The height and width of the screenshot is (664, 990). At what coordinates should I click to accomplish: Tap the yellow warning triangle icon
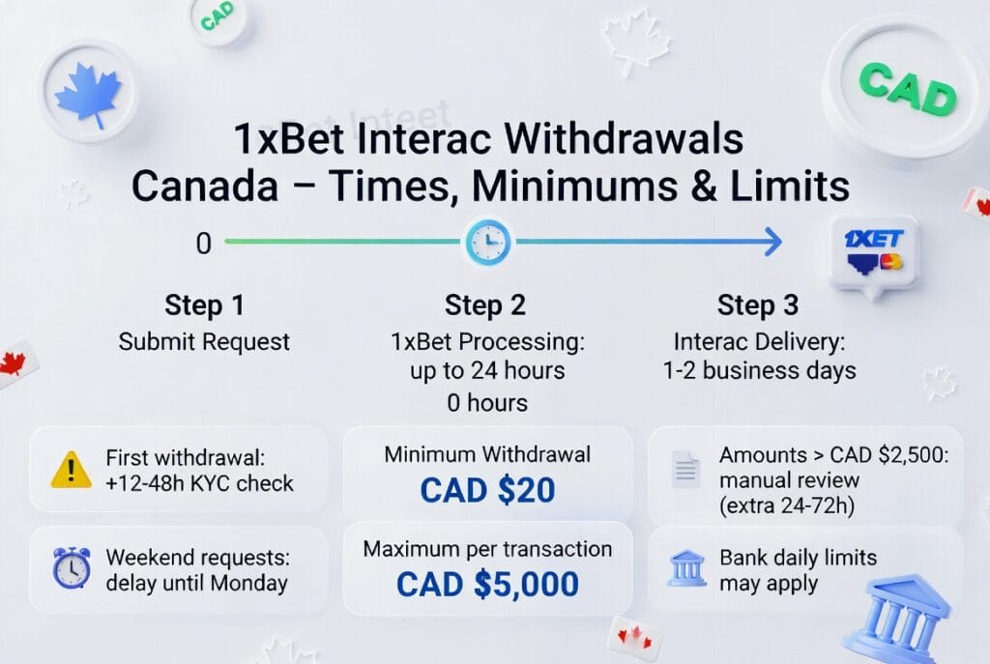point(72,470)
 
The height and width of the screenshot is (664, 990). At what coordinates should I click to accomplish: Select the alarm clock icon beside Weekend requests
point(72,568)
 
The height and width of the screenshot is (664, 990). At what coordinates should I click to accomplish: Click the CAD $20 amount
point(487,490)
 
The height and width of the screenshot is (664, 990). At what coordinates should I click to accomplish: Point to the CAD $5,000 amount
point(487,584)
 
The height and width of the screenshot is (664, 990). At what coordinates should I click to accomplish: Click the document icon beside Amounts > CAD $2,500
point(685,469)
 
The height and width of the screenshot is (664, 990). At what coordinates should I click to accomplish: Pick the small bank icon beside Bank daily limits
point(687,568)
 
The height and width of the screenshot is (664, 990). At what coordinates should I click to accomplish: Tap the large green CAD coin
point(907,88)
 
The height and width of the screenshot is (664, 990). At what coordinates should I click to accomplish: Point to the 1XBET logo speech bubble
point(873,249)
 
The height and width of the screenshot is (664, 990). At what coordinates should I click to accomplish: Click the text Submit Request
point(204,341)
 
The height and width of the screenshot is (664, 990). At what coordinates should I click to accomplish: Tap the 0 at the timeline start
point(203,244)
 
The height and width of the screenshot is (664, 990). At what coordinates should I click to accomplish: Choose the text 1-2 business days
point(758,371)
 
